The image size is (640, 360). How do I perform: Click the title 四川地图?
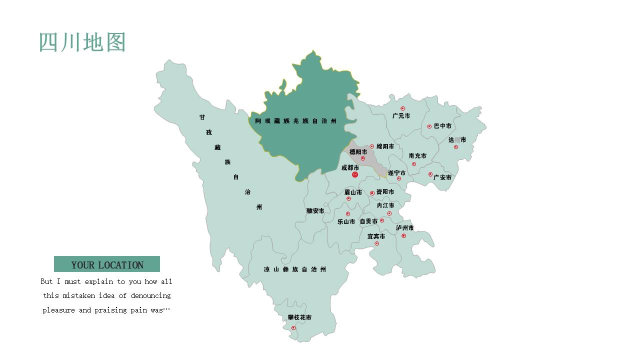[82, 42]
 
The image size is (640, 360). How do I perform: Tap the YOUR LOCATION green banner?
[107, 264]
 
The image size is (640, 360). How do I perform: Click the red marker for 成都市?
[355, 174]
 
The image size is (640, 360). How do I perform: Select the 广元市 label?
[401, 116]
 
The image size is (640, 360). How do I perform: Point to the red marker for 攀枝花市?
[293, 328]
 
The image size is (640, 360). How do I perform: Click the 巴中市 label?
[442, 126]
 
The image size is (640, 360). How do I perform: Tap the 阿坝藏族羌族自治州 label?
[295, 121]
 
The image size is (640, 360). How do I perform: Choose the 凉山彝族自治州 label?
[294, 269]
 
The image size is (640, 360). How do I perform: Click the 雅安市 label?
[315, 211]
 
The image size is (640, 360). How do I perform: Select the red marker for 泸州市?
[403, 235]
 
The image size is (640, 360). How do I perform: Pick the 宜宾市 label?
[376, 236]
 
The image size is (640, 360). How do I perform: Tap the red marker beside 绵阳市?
[371, 146]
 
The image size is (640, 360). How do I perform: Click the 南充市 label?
[417, 156]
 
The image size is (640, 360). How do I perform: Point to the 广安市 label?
[442, 177]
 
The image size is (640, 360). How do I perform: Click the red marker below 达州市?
[455, 147]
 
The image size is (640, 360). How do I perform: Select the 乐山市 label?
[346, 221]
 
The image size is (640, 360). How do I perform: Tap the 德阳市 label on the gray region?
[358, 152]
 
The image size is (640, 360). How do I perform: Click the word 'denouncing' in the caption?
[151, 295]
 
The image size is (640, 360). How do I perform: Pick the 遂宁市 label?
[396, 173]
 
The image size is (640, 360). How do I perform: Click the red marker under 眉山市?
[348, 198]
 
